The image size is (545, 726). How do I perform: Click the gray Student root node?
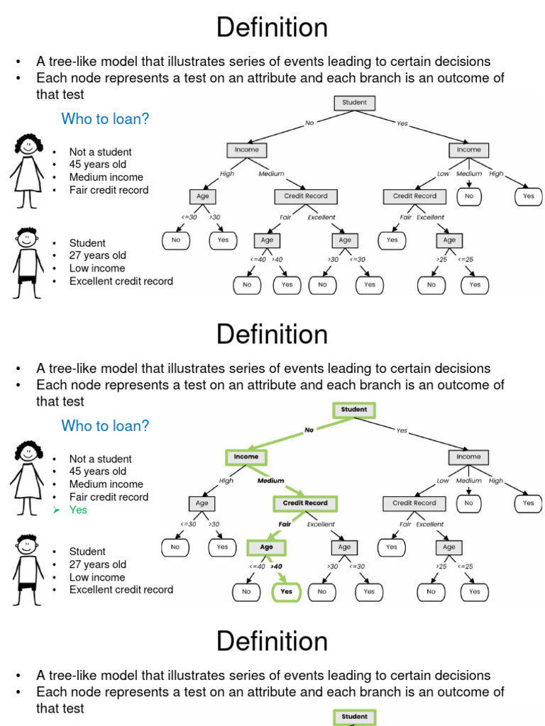click(x=354, y=103)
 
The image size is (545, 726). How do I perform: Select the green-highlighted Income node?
click(x=246, y=457)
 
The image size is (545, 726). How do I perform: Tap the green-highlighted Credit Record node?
click(x=305, y=503)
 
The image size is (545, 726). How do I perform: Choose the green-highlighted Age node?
click(x=266, y=547)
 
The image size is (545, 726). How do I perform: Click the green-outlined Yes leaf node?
click(x=287, y=591)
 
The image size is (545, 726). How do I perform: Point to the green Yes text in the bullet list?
click(x=78, y=510)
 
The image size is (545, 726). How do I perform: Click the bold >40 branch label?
click(x=277, y=566)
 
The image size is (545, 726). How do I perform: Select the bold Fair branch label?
click(x=285, y=525)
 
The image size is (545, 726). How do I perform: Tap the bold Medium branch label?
click(x=270, y=481)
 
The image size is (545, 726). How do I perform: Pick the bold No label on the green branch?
click(x=309, y=430)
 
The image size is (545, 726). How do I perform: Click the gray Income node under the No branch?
click(x=246, y=150)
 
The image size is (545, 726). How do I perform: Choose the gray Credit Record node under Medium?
click(x=306, y=196)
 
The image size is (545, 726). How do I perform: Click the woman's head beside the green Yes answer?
click(x=28, y=452)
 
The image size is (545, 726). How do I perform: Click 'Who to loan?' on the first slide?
click(x=105, y=119)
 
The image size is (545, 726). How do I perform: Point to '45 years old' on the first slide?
click(x=98, y=164)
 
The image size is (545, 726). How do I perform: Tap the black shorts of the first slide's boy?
click(x=27, y=280)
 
